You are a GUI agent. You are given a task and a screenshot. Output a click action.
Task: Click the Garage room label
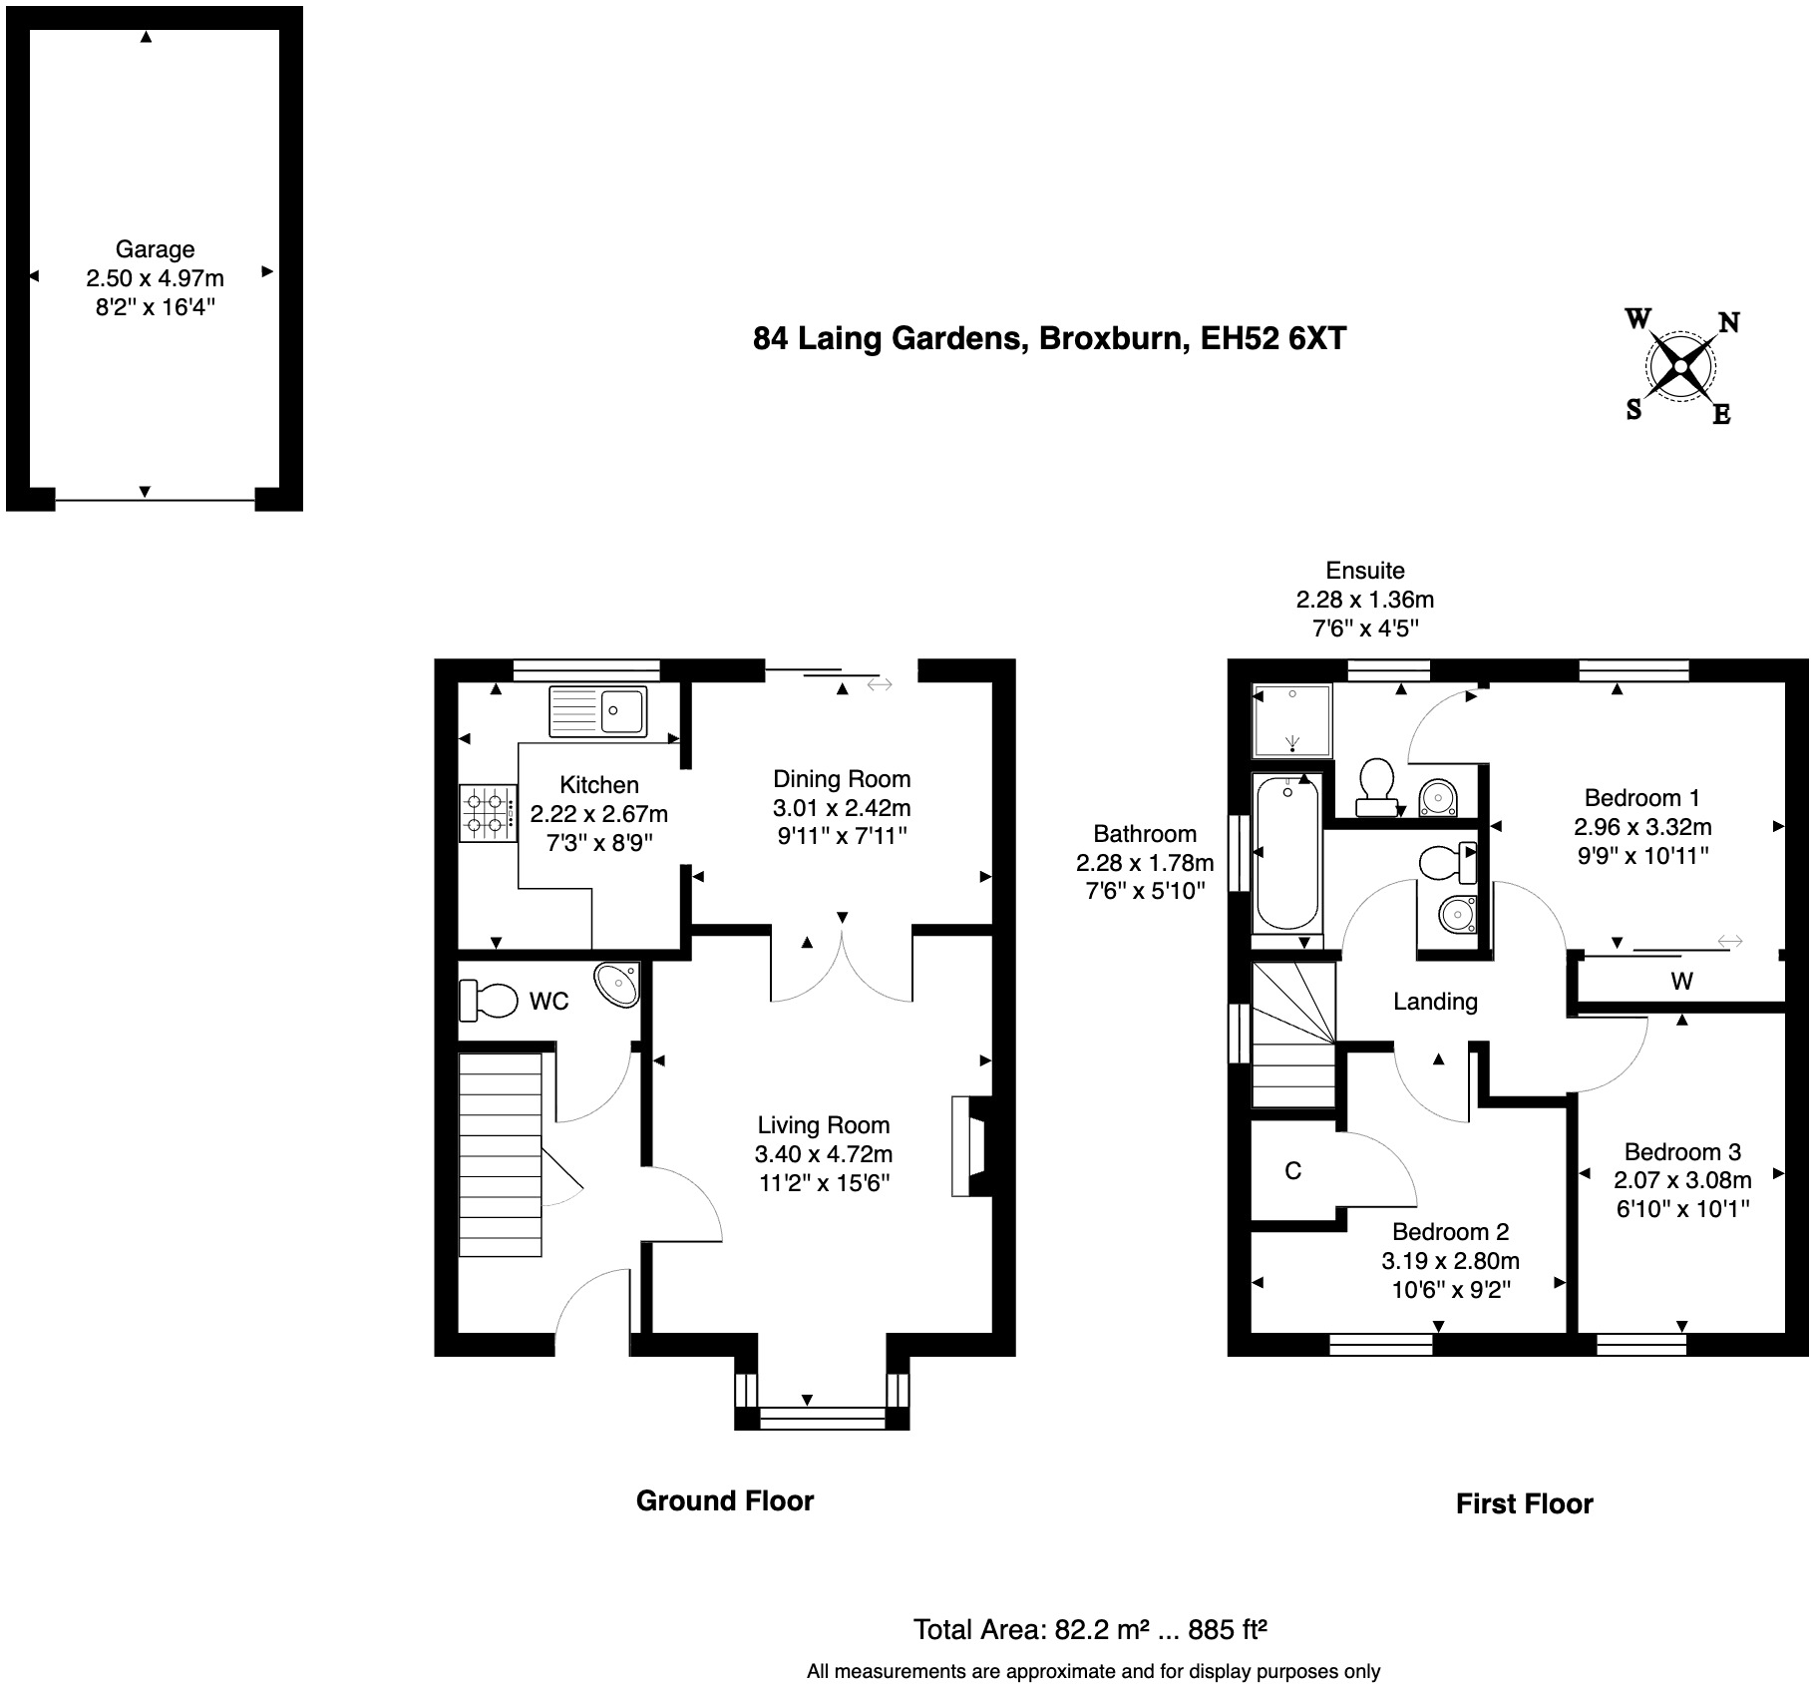tap(155, 249)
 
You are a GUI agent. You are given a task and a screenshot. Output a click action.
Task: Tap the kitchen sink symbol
tap(597, 711)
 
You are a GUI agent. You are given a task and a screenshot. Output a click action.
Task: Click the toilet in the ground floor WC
tap(489, 999)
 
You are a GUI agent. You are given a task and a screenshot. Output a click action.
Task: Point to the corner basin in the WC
tap(617, 984)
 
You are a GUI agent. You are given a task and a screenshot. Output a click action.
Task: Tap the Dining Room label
tap(842, 779)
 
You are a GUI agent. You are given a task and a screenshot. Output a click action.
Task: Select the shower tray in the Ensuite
tap(1292, 719)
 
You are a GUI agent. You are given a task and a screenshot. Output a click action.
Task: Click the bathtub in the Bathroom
tap(1287, 854)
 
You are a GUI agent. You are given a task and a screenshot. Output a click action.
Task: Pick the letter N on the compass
tap(1728, 322)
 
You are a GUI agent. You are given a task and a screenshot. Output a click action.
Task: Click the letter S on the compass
tap(1633, 410)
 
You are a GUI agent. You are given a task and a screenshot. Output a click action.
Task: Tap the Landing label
tap(1435, 1002)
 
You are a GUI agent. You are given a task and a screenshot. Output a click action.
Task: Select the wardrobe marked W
tap(1681, 982)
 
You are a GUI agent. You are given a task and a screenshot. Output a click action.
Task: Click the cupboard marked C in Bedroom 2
tap(1292, 1171)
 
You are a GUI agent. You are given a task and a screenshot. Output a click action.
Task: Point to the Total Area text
tap(1089, 1630)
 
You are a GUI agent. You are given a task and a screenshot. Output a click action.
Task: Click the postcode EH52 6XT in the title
tap(1272, 339)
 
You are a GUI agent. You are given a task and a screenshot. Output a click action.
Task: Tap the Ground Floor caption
tap(725, 1500)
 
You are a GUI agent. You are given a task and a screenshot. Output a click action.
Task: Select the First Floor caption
tap(1524, 1503)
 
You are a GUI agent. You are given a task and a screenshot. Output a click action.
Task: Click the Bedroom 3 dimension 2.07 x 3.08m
tap(1682, 1180)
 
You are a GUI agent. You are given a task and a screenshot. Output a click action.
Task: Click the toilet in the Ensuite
tap(1376, 781)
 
